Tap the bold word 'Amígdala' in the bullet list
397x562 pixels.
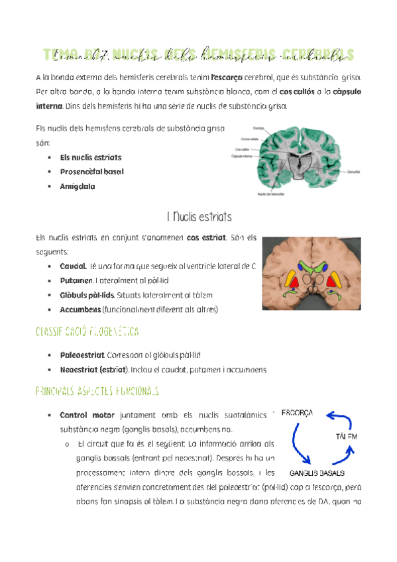(x=77, y=187)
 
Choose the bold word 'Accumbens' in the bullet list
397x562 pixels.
(x=80, y=309)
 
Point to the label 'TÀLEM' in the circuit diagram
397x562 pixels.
(x=347, y=437)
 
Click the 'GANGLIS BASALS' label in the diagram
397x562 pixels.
(x=317, y=474)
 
